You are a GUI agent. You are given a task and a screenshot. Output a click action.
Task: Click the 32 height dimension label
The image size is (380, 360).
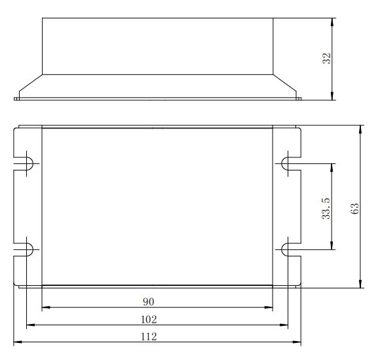(326, 58)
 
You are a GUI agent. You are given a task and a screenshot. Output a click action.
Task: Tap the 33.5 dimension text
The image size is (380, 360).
(326, 209)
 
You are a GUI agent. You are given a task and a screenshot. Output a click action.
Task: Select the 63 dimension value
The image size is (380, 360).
(354, 209)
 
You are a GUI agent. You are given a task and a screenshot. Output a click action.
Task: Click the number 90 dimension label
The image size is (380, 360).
(148, 302)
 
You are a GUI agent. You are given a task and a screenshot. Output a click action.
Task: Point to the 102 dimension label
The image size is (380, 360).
(149, 320)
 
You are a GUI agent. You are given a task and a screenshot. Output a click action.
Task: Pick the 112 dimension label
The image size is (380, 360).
(149, 336)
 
